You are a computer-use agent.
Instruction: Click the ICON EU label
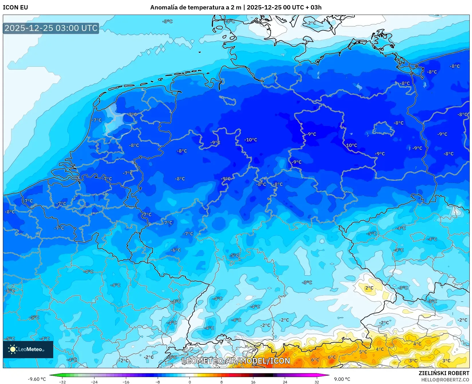click(x=15, y=7)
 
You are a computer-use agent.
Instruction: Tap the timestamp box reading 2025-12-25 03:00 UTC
click(x=51, y=28)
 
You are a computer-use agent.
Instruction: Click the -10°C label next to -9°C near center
click(x=251, y=140)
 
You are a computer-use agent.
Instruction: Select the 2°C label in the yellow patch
click(x=369, y=288)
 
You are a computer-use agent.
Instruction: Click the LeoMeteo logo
click(x=28, y=349)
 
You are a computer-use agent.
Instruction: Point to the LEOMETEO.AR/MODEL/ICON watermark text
click(x=236, y=361)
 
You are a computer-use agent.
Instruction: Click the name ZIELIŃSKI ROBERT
click(x=444, y=373)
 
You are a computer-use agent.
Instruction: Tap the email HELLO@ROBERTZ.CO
click(x=445, y=380)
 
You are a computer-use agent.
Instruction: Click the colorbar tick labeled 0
click(x=189, y=382)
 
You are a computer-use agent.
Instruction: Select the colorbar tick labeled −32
click(x=62, y=382)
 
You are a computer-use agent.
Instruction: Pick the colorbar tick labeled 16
click(x=253, y=382)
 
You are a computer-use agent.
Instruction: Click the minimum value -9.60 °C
click(x=37, y=379)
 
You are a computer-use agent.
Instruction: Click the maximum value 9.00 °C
click(x=342, y=379)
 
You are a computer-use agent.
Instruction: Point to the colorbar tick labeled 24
click(x=285, y=382)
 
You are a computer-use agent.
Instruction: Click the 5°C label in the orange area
click(x=363, y=352)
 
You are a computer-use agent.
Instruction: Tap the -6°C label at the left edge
click(x=10, y=290)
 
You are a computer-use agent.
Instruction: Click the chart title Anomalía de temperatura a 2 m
click(x=195, y=7)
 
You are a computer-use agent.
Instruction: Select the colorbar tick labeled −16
click(x=126, y=382)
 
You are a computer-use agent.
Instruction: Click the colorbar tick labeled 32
click(x=317, y=382)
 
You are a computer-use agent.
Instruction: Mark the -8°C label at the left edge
click(x=10, y=212)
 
